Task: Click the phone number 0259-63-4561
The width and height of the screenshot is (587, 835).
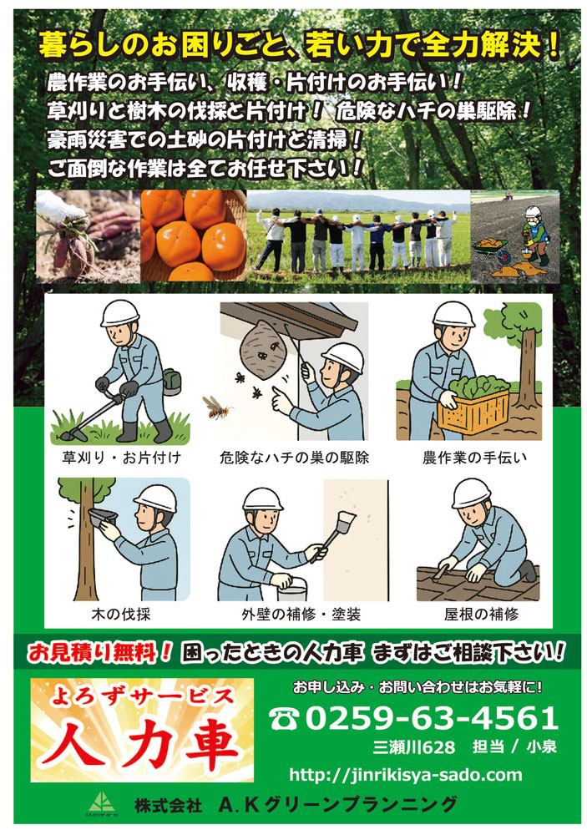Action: [x=432, y=718]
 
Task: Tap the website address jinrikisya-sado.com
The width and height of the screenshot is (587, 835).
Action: [x=405, y=774]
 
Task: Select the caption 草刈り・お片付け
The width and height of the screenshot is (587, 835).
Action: [x=121, y=458]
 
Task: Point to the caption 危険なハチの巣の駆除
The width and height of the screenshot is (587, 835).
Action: [x=294, y=458]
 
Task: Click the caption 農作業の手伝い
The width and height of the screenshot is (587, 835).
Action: [x=474, y=458]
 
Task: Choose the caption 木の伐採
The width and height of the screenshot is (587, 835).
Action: [x=121, y=614]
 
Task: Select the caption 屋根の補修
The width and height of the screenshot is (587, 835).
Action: [x=481, y=614]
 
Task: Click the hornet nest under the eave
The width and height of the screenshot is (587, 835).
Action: [x=263, y=348]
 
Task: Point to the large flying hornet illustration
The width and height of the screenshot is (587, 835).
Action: [x=217, y=407]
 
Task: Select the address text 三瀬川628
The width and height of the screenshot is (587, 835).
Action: [x=414, y=746]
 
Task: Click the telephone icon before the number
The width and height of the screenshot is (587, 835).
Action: [x=285, y=719]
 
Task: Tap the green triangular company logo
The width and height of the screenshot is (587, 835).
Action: [x=102, y=802]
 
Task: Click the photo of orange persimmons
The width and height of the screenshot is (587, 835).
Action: [x=194, y=235]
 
